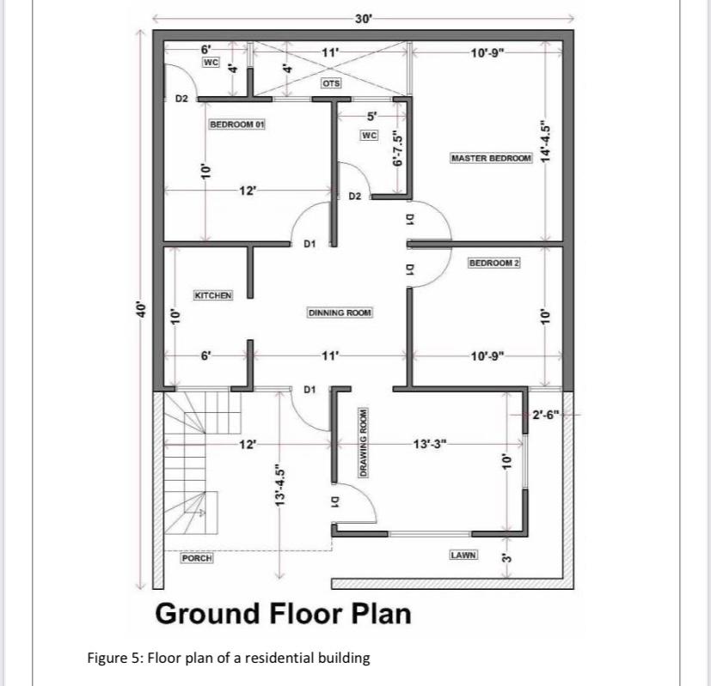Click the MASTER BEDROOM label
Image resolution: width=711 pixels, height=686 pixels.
tap(491, 159)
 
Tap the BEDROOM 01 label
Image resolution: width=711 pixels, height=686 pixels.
tap(237, 124)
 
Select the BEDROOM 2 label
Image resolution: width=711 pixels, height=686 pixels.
tap(494, 262)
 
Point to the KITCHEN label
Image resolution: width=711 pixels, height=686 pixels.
tap(213, 295)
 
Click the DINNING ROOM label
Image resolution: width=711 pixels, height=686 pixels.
tap(340, 313)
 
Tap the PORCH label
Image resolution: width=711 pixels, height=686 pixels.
tap(196, 558)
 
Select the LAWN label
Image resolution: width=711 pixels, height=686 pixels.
tap(463, 555)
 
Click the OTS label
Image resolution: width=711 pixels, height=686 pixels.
tap(331, 83)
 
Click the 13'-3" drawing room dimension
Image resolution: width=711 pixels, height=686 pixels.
tap(431, 444)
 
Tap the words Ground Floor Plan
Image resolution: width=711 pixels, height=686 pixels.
tap(283, 614)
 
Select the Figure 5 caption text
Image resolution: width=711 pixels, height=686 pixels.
tap(228, 659)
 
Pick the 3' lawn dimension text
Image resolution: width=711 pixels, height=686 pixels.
tap(506, 560)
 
